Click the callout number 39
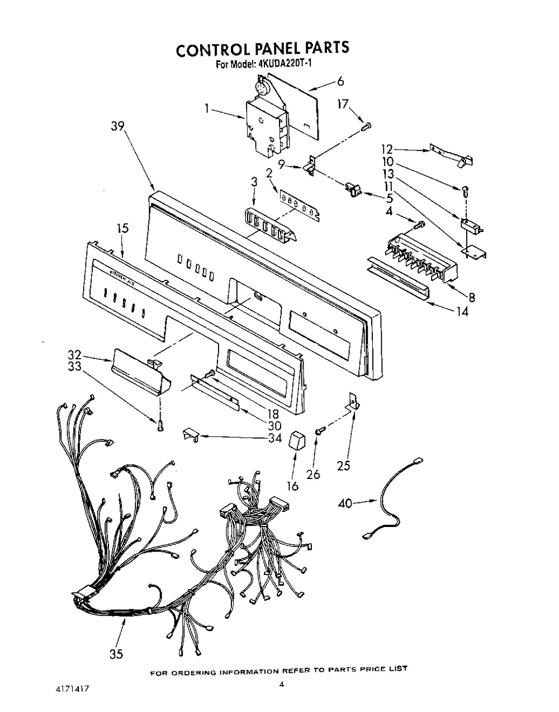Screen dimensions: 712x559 coord(117,127)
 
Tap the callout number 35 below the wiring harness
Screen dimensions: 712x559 coord(116,654)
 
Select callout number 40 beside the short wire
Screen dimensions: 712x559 coord(345,504)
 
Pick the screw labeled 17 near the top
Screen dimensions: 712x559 coord(367,126)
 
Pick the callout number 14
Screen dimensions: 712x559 coord(462,312)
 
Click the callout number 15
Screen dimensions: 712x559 coord(122,228)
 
